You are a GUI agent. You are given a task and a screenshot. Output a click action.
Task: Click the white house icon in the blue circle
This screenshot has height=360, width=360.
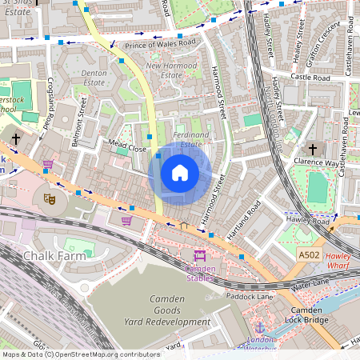(x=180, y=173)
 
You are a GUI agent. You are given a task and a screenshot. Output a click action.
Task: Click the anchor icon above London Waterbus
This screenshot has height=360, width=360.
(x=259, y=327)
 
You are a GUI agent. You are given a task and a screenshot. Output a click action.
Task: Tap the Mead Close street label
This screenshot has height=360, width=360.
(x=127, y=149)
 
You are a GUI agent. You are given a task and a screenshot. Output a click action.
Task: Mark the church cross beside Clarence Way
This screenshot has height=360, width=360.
(x=313, y=150)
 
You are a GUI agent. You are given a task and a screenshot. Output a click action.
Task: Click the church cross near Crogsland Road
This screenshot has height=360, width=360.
(x=15, y=139)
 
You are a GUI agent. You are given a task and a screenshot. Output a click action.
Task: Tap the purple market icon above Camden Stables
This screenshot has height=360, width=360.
(x=199, y=255)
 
